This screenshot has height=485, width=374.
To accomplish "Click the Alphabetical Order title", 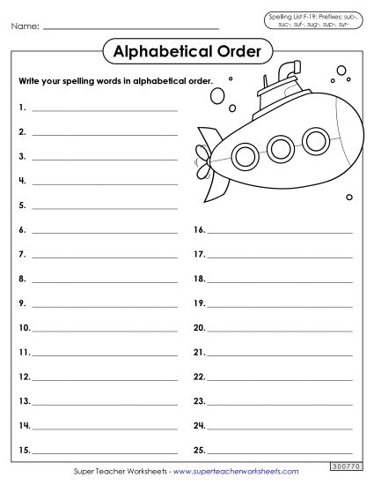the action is [x=187, y=52].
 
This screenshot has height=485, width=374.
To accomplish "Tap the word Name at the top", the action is [x=25, y=26].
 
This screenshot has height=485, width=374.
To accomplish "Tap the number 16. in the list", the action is [x=199, y=229].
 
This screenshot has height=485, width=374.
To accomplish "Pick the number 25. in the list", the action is [x=199, y=451].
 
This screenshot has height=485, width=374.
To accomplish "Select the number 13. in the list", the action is [x=23, y=401].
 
